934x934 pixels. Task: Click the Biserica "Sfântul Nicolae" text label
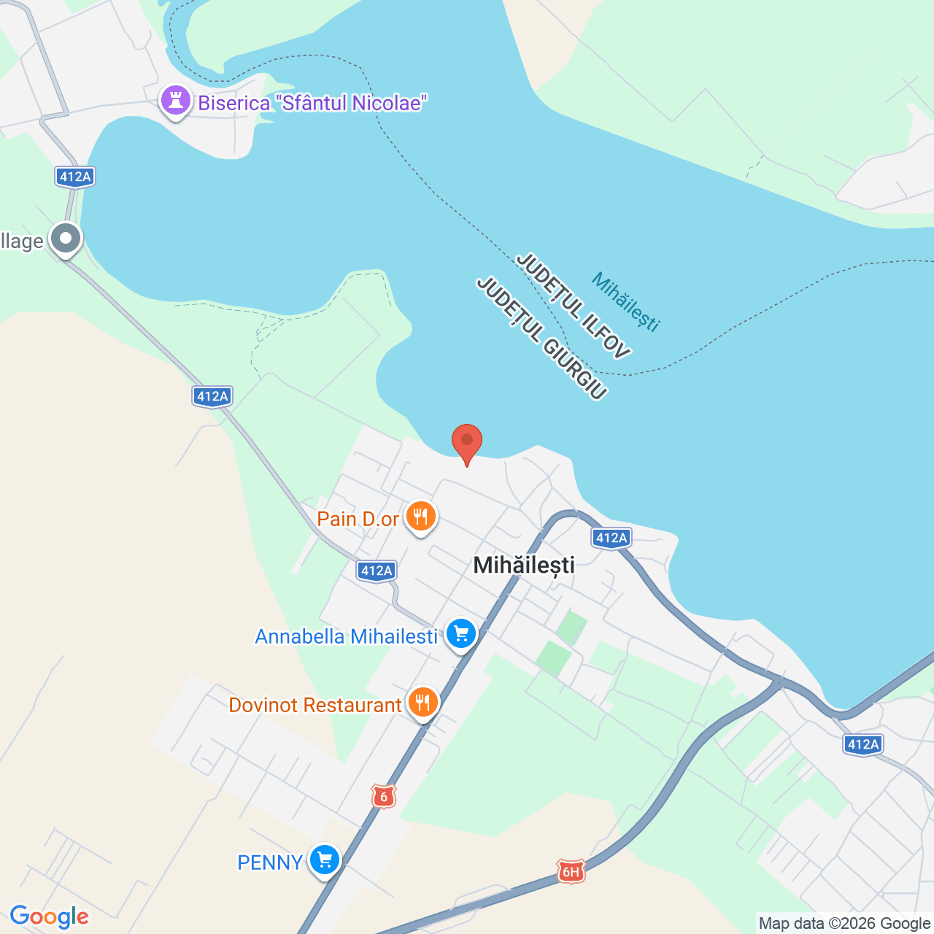click(312, 103)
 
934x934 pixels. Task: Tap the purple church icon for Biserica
click(175, 101)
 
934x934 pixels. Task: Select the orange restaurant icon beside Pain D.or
click(420, 517)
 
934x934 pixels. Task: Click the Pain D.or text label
click(358, 519)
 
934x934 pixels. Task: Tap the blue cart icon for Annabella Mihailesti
click(460, 634)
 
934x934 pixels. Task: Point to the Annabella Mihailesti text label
click(346, 636)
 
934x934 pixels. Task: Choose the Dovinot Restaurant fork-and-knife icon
click(422, 703)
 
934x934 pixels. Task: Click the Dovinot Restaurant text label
click(314, 705)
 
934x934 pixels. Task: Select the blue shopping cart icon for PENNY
click(325, 860)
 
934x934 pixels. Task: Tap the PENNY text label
click(270, 862)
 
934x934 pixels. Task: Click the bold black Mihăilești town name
click(524, 565)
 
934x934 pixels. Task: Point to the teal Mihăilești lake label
click(625, 301)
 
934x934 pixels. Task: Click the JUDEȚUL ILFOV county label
click(573, 306)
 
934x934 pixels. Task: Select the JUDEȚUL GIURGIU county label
click(541, 339)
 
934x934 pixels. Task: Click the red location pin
click(467, 441)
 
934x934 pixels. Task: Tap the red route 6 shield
click(384, 796)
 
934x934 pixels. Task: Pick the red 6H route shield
click(571, 871)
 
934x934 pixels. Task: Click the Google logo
click(50, 916)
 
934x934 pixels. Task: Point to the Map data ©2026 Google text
click(844, 923)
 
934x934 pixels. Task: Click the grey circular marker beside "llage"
click(66, 239)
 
